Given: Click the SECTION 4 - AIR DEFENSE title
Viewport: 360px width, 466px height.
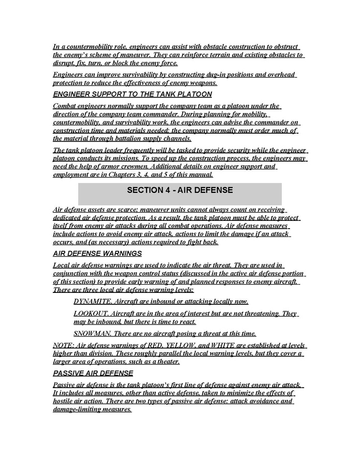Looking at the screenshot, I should tap(180, 190).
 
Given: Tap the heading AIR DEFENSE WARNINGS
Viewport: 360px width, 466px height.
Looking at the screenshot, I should tap(97, 253).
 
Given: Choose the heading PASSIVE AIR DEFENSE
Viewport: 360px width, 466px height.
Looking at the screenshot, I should tap(93, 373).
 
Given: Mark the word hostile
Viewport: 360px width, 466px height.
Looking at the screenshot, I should tap(65, 401).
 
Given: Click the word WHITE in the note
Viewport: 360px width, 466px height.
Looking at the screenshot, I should tap(236, 345).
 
